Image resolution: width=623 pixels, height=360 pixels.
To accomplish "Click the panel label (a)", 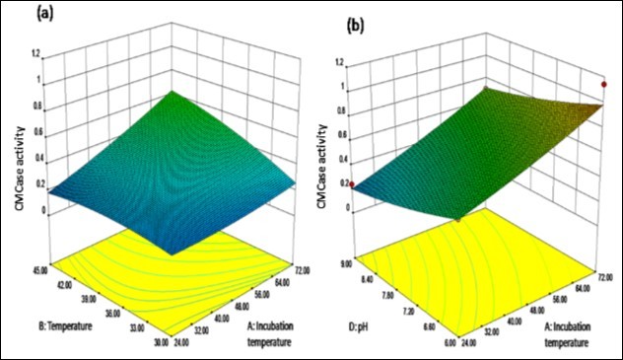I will pos(19,16).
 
